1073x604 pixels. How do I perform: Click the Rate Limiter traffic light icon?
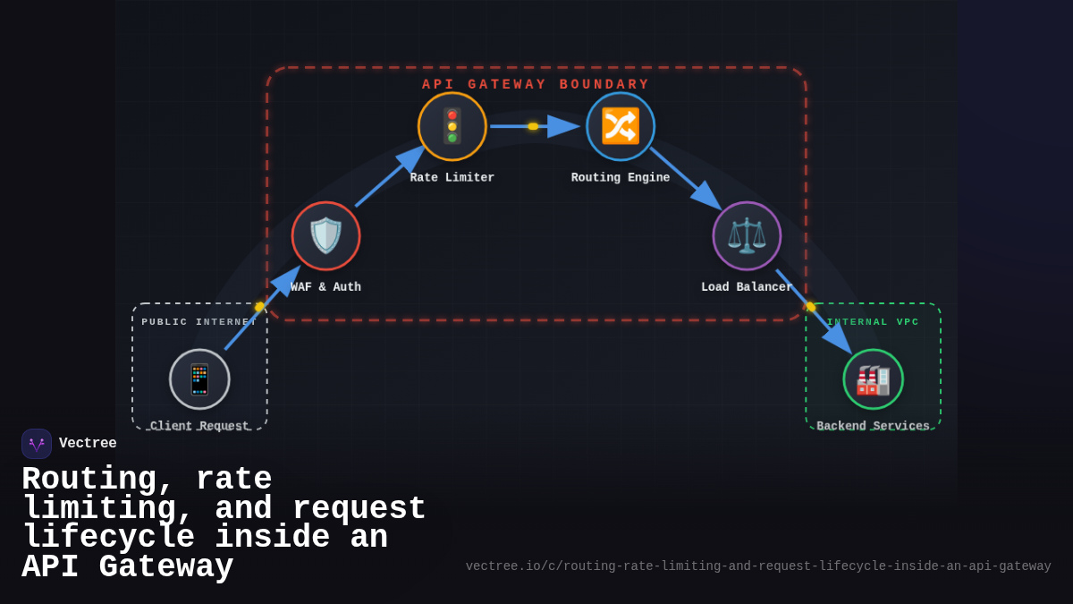452,126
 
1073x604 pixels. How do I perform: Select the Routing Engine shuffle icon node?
621,126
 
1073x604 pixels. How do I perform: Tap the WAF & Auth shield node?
325,235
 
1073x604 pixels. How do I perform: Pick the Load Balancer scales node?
747,235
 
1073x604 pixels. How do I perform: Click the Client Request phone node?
199,379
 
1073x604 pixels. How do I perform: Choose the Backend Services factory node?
873,379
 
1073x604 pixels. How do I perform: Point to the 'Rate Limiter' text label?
452,178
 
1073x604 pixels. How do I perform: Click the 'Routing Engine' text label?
621,178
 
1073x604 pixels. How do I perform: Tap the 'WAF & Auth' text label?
325,287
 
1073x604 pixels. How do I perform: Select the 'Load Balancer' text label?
747,287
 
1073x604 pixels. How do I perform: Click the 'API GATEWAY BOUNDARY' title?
536,85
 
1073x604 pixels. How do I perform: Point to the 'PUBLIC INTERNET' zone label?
199,322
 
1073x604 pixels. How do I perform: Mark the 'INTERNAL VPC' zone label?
873,322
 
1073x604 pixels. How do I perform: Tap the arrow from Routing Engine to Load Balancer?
684,179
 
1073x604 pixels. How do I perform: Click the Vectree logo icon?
37,444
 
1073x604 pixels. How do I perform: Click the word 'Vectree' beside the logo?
88,444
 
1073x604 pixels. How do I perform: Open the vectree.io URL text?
758,566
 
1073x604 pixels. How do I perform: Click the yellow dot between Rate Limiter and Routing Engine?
533,126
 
